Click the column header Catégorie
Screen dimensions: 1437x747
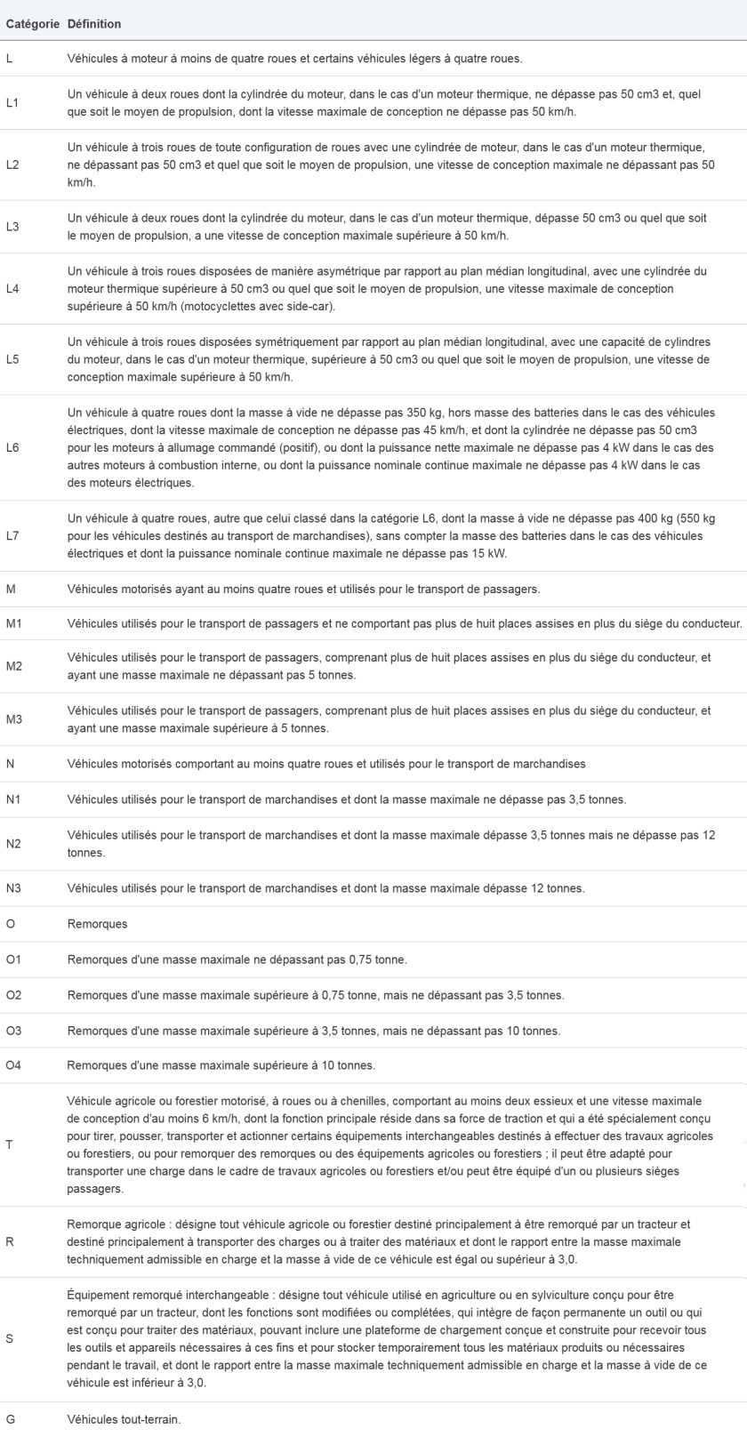33,24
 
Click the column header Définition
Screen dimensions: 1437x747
94,24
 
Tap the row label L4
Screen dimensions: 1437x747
12,289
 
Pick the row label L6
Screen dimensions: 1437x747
12,447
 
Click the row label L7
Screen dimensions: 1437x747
12,535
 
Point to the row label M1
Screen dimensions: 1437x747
13,622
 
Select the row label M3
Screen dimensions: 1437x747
13,719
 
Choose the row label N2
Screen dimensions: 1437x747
13,843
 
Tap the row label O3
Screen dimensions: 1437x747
13,1031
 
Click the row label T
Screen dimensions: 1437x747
9,1144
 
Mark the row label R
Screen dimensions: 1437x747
9,1241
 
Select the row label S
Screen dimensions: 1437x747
9,1338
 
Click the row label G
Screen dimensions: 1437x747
10,1419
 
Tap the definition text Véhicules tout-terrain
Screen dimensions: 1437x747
124,1419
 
